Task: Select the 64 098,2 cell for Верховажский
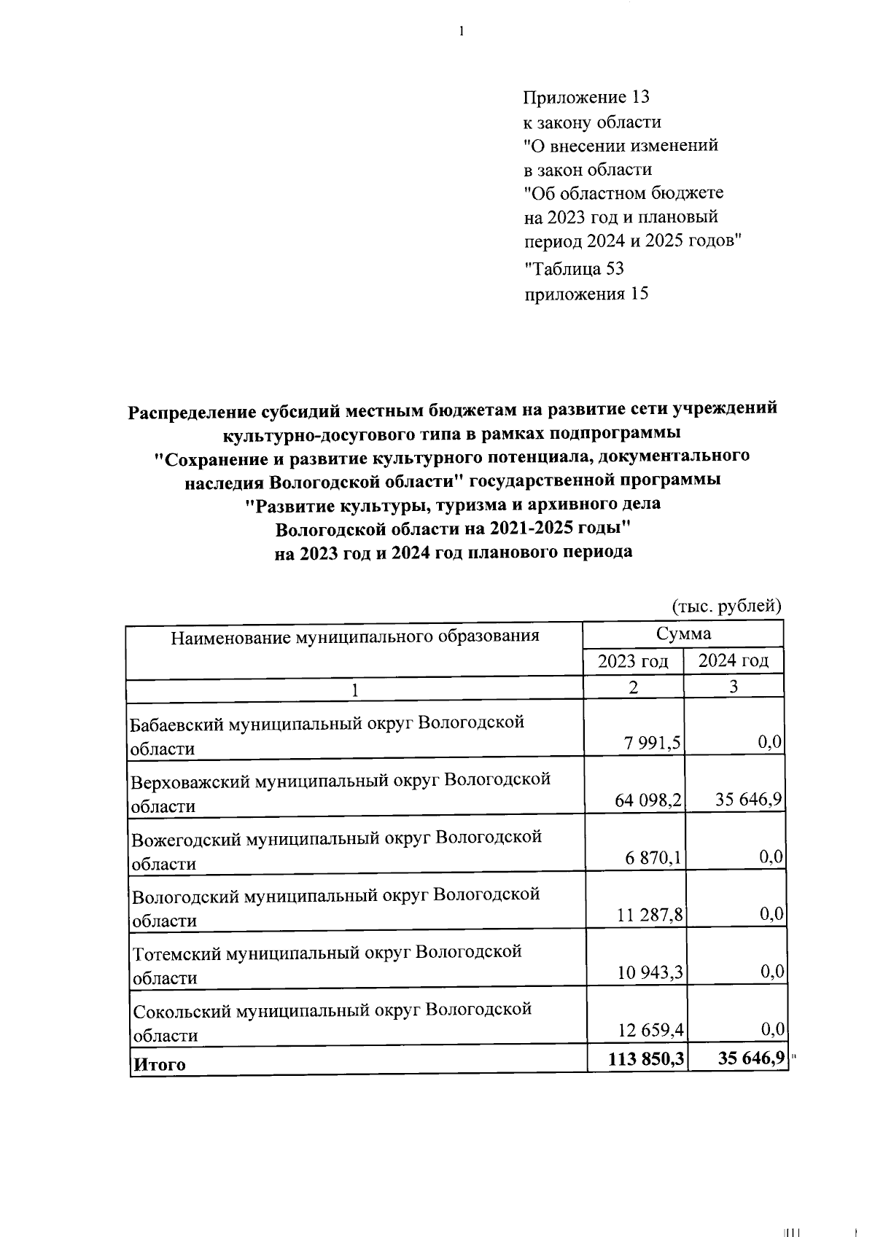648,800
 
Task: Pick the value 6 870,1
653,858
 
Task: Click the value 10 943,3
649,972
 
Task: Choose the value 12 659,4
649,1029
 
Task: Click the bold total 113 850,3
645,1058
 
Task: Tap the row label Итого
158,1064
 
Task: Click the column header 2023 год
633,661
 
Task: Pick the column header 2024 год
734,661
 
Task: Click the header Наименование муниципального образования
355,637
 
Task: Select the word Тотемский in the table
175,953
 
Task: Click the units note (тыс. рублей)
726,606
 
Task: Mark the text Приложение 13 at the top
586,98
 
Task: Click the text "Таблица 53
574,269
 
